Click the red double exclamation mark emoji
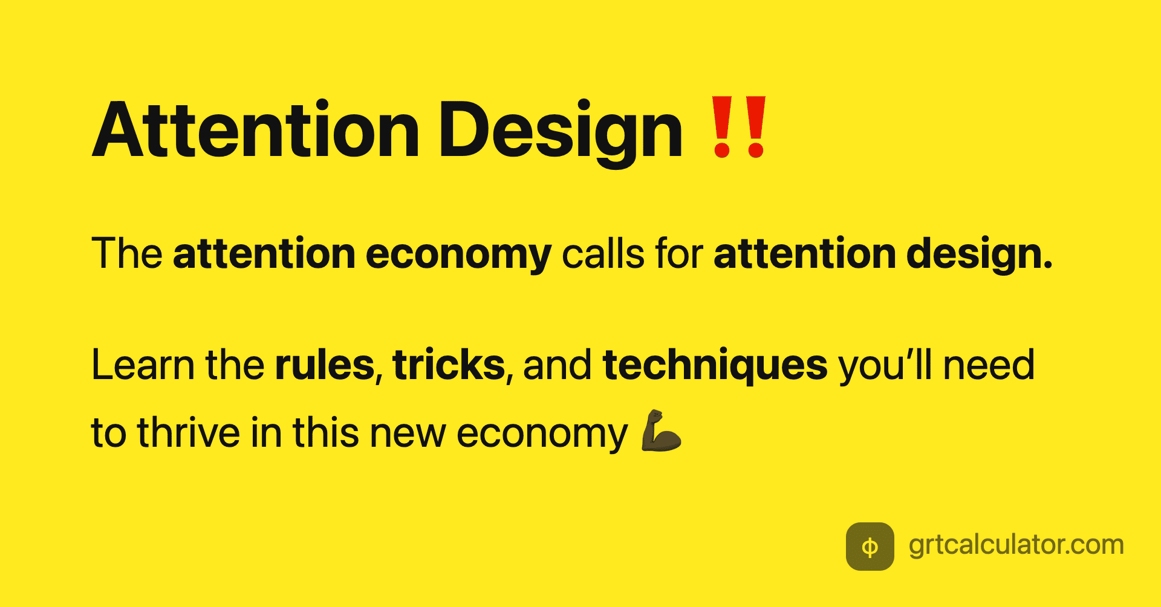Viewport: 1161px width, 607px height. (739, 127)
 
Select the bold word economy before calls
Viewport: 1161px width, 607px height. (458, 255)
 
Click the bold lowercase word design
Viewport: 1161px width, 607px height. (979, 255)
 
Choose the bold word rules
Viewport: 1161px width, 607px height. (325, 365)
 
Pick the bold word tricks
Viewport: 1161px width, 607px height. (449, 365)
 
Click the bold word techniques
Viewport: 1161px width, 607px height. (715, 366)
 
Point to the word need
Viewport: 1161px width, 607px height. (989, 365)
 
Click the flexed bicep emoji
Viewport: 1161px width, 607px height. (661, 431)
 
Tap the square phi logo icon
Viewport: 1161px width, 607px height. (870, 547)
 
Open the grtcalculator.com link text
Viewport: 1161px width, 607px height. (1016, 545)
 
